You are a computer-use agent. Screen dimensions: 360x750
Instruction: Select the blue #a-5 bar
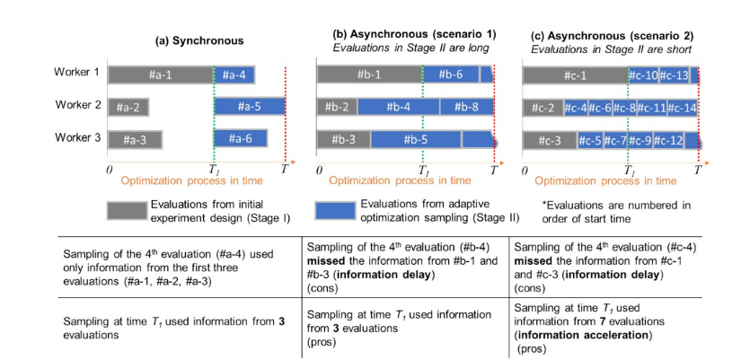(x=249, y=107)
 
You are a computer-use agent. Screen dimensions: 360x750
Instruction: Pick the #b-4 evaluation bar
(x=399, y=107)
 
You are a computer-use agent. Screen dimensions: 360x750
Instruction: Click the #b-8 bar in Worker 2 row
(x=466, y=107)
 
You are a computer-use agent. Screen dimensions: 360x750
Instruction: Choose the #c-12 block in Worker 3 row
(x=670, y=140)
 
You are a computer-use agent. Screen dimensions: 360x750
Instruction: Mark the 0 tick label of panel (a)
(x=109, y=168)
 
